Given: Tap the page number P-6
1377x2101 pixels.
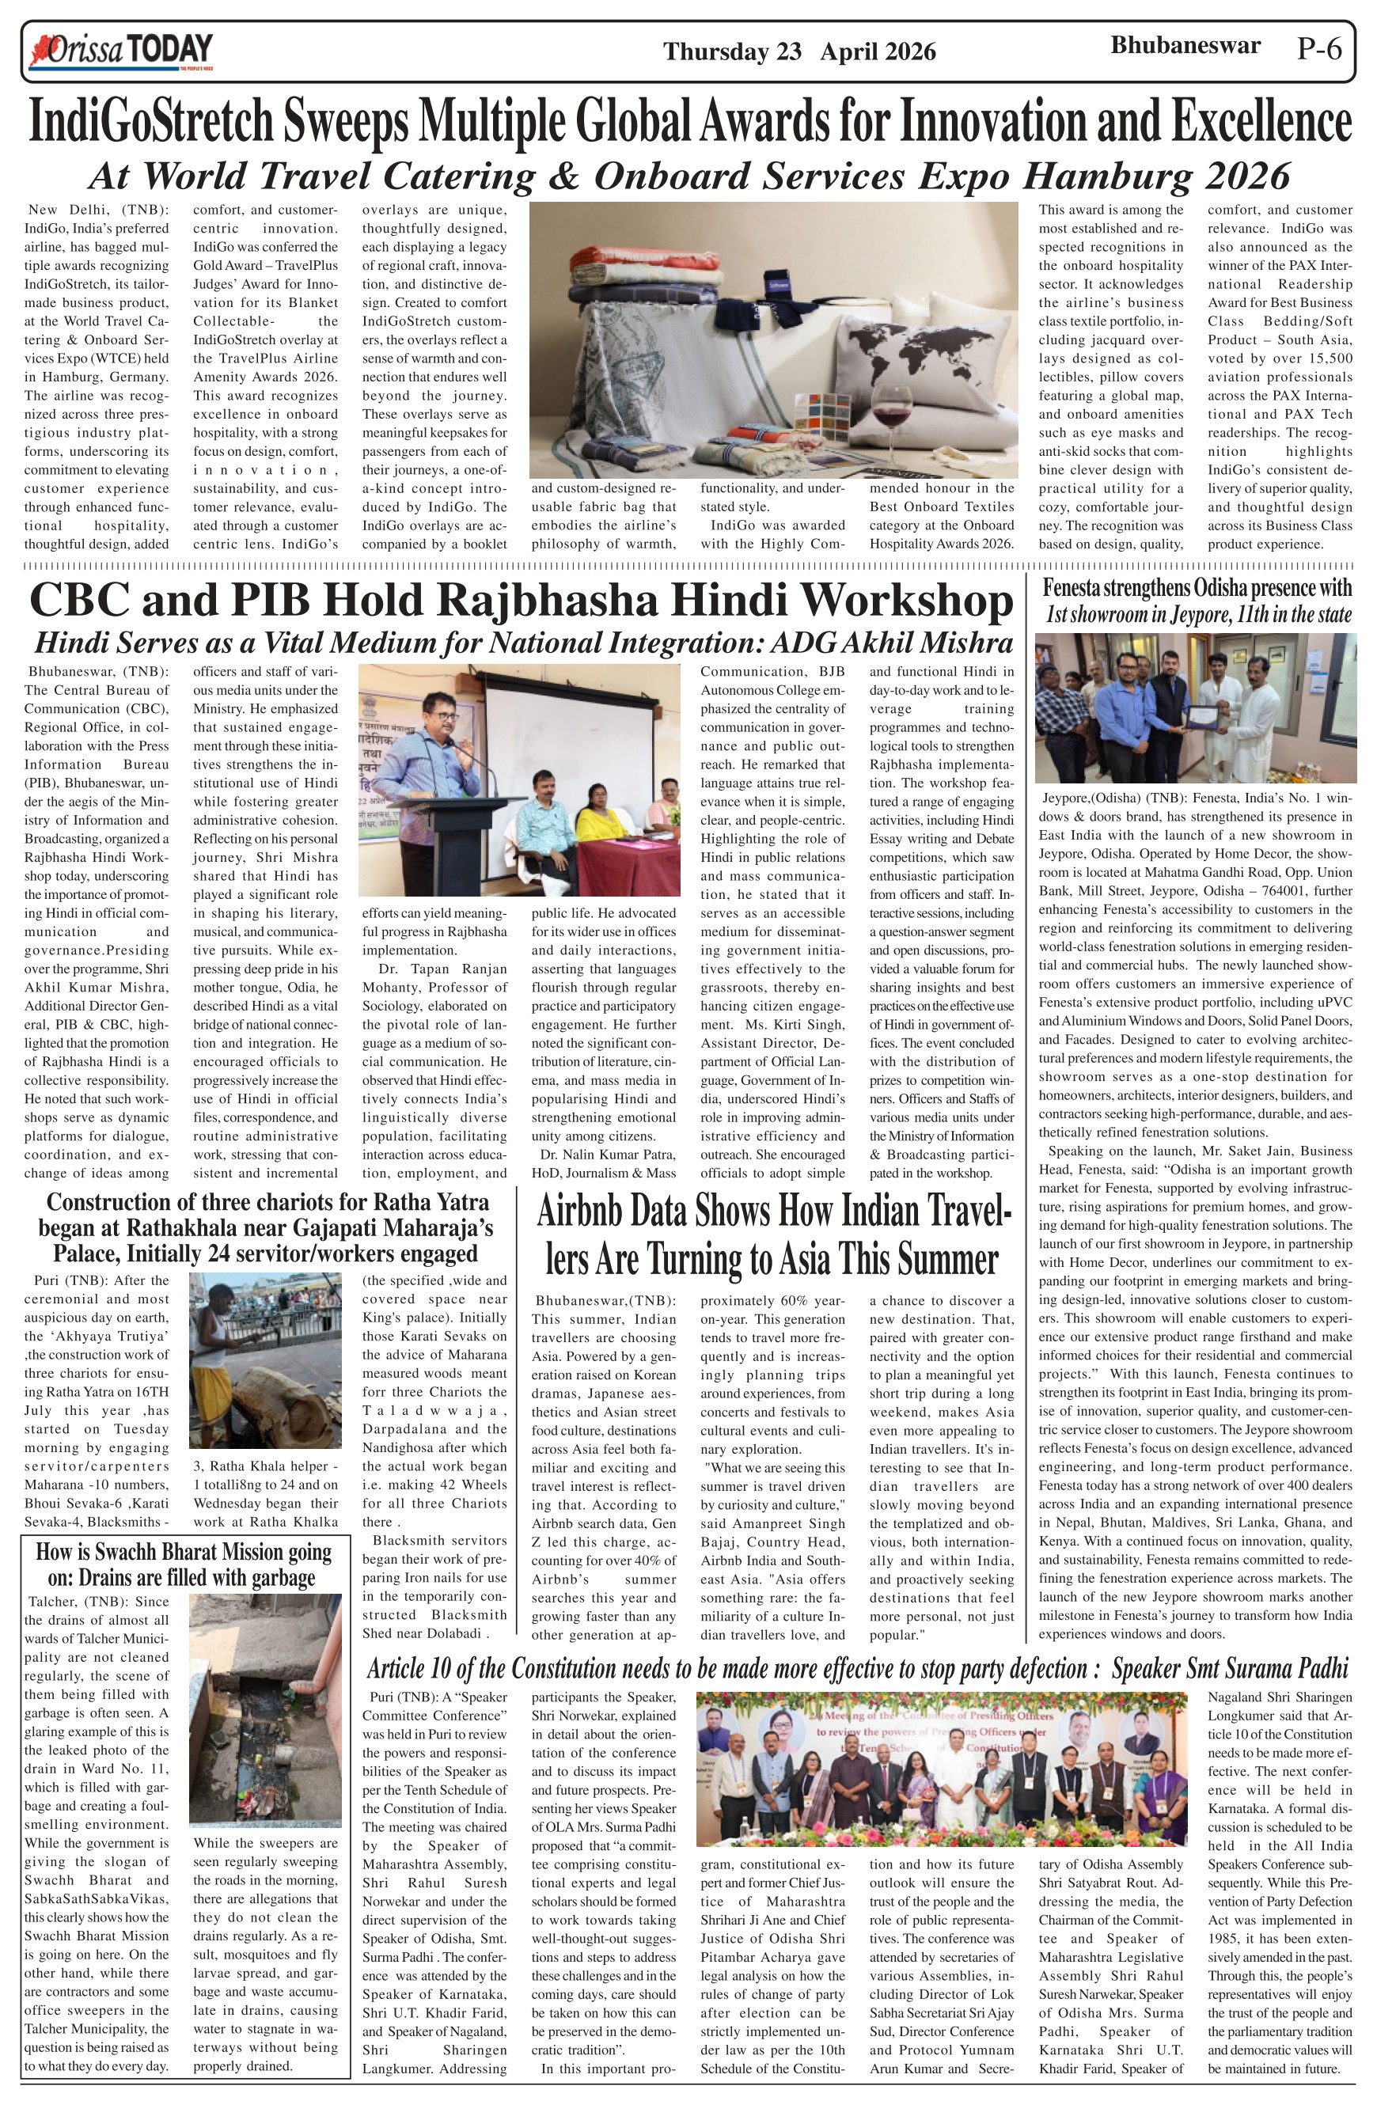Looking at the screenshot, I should click(x=1320, y=49).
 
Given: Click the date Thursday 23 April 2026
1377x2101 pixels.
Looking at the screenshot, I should click(x=799, y=52).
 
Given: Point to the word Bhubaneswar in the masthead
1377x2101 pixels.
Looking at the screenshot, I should click(x=1185, y=46).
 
